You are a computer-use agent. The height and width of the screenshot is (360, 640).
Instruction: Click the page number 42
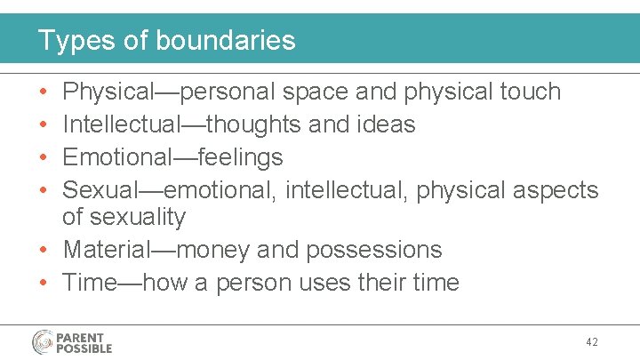593,342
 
